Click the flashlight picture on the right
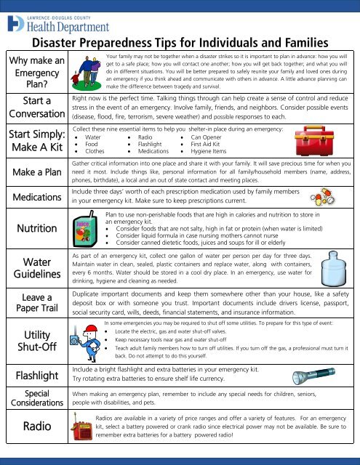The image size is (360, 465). pyautogui.click(x=323, y=376)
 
